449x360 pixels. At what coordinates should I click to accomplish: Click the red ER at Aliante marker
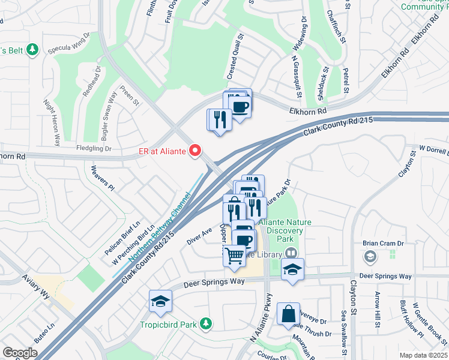(195, 151)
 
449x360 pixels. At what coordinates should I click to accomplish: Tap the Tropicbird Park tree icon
(206, 323)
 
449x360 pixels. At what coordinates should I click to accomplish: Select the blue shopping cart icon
(234, 255)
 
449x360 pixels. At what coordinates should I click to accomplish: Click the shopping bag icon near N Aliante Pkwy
(289, 313)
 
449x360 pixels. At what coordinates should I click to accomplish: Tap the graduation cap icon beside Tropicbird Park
(161, 301)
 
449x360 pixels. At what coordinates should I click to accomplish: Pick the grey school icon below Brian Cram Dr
(370, 257)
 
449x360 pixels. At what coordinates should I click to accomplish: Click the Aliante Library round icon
(291, 254)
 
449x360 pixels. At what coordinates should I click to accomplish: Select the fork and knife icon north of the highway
(218, 119)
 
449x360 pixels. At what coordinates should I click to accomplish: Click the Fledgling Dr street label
(94, 148)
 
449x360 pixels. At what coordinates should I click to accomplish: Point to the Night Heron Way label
(52, 123)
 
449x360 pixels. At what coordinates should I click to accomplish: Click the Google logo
(20, 353)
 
